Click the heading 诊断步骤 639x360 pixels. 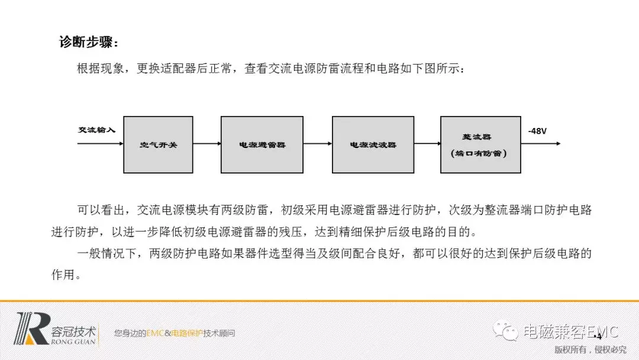[89, 43]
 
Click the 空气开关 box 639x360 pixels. [158, 144]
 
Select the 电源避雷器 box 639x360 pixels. [262, 144]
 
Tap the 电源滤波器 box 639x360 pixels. [373, 144]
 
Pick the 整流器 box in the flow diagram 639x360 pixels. [480, 144]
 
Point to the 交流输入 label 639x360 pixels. [96, 130]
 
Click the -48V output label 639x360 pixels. [538, 130]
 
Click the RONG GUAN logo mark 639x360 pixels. [33, 329]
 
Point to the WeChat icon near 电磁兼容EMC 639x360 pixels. [507, 331]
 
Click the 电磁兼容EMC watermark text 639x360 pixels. [570, 331]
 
